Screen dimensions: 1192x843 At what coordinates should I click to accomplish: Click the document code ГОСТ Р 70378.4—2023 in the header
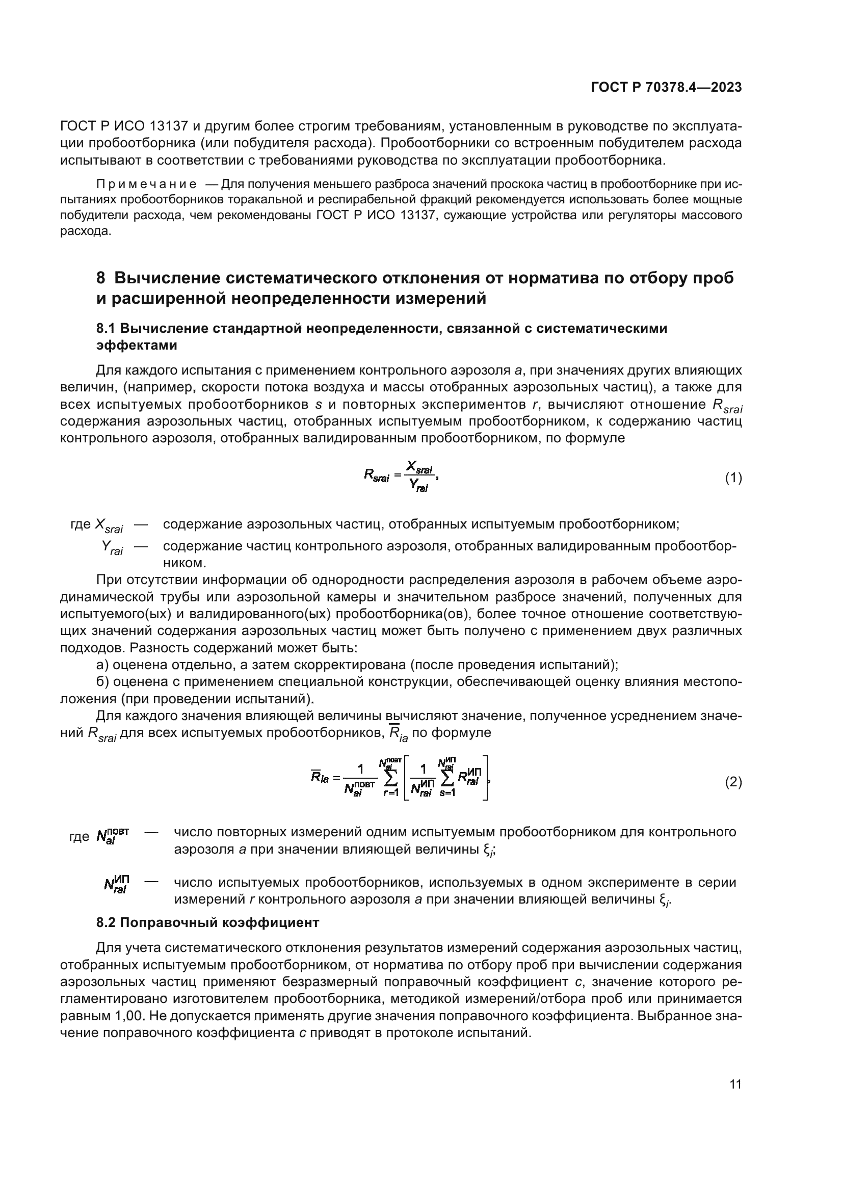click(x=666, y=88)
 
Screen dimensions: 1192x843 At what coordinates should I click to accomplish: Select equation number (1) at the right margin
click(x=733, y=478)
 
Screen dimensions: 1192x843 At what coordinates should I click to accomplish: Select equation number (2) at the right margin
click(x=733, y=782)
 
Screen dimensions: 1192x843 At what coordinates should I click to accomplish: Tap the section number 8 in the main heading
click(x=101, y=278)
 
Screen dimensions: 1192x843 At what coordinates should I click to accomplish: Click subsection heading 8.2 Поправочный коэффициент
click(x=207, y=922)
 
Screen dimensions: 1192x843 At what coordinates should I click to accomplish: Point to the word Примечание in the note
click(x=146, y=185)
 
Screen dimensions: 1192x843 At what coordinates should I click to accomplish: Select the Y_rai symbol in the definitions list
click(x=112, y=548)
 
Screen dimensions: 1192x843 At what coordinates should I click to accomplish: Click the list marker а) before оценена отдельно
click(x=102, y=665)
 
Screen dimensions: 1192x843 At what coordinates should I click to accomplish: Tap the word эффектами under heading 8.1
click(x=137, y=345)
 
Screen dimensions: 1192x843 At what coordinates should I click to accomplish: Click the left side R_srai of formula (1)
click(x=376, y=475)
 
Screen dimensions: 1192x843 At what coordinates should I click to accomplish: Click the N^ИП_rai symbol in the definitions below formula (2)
click(x=116, y=884)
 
